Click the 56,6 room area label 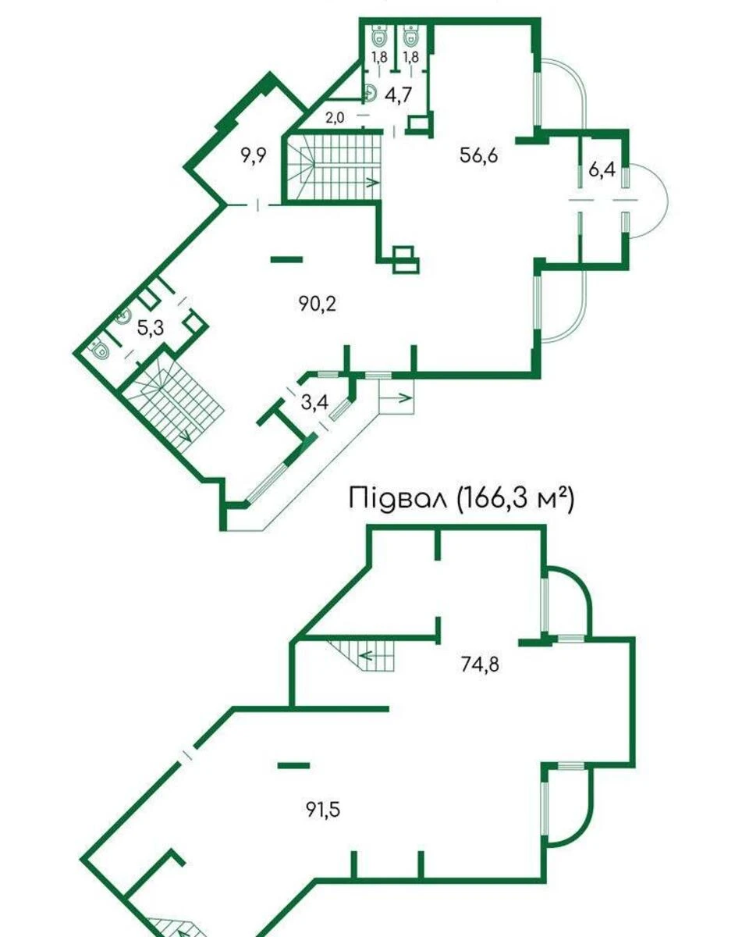tap(479, 154)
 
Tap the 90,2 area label tap(317, 304)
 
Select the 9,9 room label tap(254, 155)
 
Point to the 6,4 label tap(602, 169)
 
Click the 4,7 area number tap(398, 94)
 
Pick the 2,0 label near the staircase tap(335, 118)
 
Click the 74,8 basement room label tap(480, 664)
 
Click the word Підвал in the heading tap(397, 498)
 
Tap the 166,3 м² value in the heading tap(515, 498)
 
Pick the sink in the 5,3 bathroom tap(122, 316)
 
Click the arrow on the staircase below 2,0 tap(369, 182)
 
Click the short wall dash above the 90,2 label tap(286, 258)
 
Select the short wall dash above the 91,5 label tap(293, 764)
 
